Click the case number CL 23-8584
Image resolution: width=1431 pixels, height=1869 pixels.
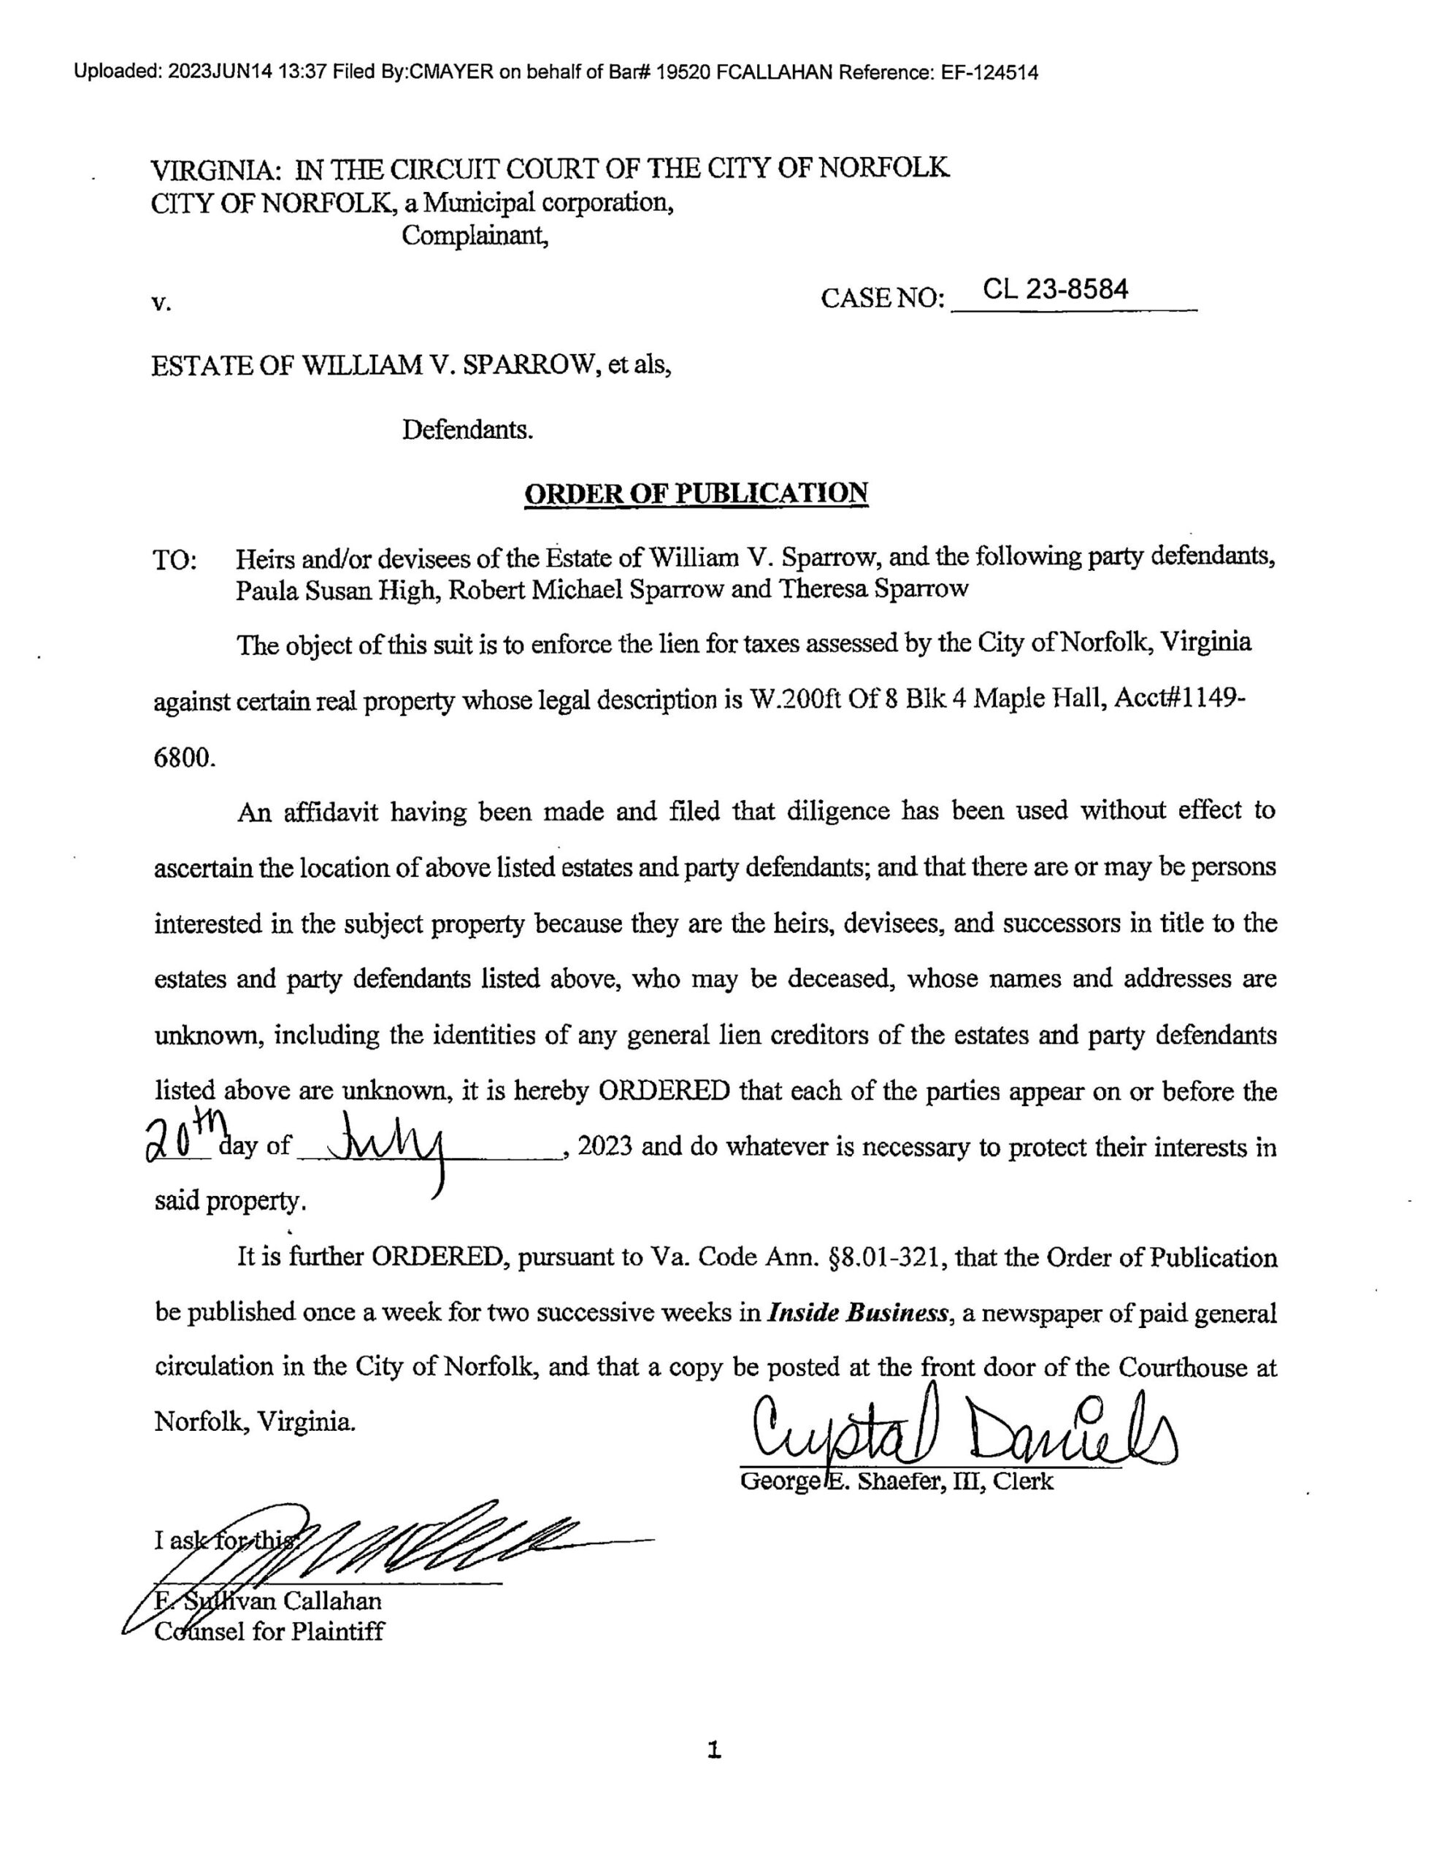pyautogui.click(x=1056, y=290)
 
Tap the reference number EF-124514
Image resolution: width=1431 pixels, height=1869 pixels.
pyautogui.click(x=989, y=72)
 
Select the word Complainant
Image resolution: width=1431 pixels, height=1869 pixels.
pyautogui.click(x=475, y=235)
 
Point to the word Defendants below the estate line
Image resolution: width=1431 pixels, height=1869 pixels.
pyautogui.click(x=467, y=429)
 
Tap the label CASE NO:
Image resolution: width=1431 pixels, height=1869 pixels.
pyautogui.click(x=883, y=299)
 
